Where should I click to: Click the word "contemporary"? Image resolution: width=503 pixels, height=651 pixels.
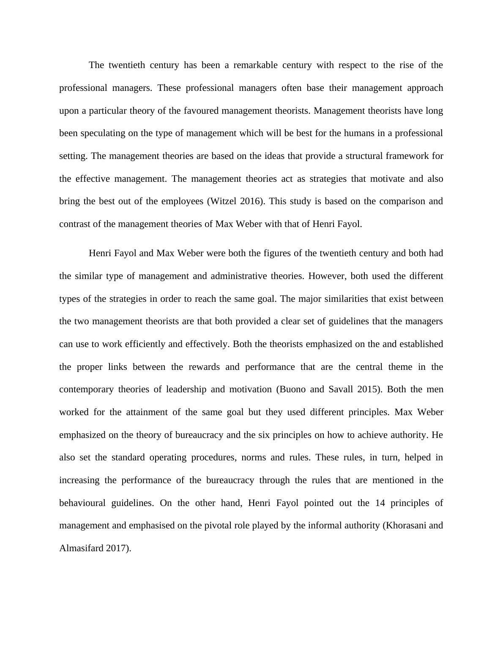(x=86, y=389)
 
